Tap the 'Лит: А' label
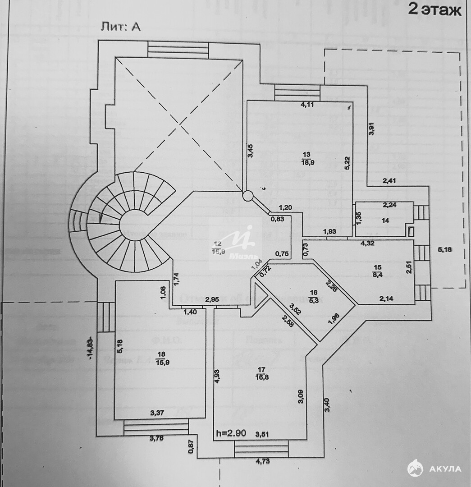(120, 27)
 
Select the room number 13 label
(307, 154)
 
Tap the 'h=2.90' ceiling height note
(230, 433)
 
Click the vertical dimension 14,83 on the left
(91, 348)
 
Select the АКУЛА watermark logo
(434, 469)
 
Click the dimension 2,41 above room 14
(390, 182)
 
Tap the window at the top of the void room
(178, 49)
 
